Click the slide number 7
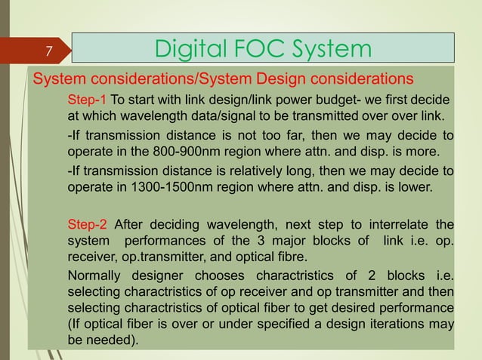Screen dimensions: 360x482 pyautogui.click(x=48, y=51)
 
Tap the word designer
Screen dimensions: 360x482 pyautogui.click(x=164, y=275)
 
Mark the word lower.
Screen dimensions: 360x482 pyautogui.click(x=418, y=185)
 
